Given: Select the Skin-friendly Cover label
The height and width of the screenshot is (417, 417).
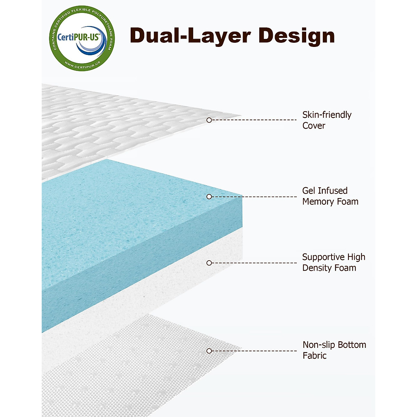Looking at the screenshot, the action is click(x=327, y=120).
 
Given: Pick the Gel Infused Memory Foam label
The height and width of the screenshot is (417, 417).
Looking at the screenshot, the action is click(x=330, y=196).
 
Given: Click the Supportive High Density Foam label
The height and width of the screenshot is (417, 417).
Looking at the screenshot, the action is click(x=334, y=262).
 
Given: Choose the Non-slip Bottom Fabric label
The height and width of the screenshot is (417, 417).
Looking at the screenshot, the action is click(x=334, y=350).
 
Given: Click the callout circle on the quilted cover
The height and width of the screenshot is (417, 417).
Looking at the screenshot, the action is click(x=209, y=120).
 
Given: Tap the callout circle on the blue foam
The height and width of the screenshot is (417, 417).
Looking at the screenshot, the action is click(x=209, y=197).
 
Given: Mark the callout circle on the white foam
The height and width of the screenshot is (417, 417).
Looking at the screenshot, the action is click(x=209, y=263).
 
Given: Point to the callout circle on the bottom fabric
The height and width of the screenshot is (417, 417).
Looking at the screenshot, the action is click(x=209, y=351).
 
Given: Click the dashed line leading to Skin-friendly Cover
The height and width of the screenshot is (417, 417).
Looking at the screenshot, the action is click(x=254, y=120).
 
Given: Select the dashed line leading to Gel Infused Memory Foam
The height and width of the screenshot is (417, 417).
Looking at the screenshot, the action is click(x=254, y=197).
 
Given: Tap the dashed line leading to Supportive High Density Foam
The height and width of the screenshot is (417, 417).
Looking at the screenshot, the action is click(x=254, y=263).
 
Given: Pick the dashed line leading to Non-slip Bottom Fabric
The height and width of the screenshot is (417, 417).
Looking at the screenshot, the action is click(x=254, y=351).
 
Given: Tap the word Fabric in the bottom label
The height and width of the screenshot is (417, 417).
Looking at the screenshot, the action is click(x=314, y=355).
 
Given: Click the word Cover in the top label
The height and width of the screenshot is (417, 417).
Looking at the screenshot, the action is click(x=314, y=126).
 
